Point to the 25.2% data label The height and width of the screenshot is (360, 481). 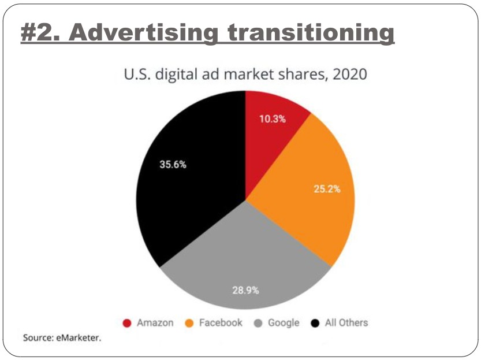[x=327, y=189]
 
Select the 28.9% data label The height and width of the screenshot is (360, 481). [x=245, y=290]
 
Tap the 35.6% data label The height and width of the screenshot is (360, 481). [x=173, y=164]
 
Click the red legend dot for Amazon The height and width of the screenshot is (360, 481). [x=128, y=323]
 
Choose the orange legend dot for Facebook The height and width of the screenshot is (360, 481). [x=191, y=323]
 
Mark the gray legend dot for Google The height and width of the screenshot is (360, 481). [x=259, y=323]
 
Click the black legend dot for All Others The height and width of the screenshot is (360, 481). [x=315, y=323]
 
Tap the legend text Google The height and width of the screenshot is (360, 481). [x=284, y=323]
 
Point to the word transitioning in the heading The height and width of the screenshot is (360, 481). [x=307, y=33]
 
